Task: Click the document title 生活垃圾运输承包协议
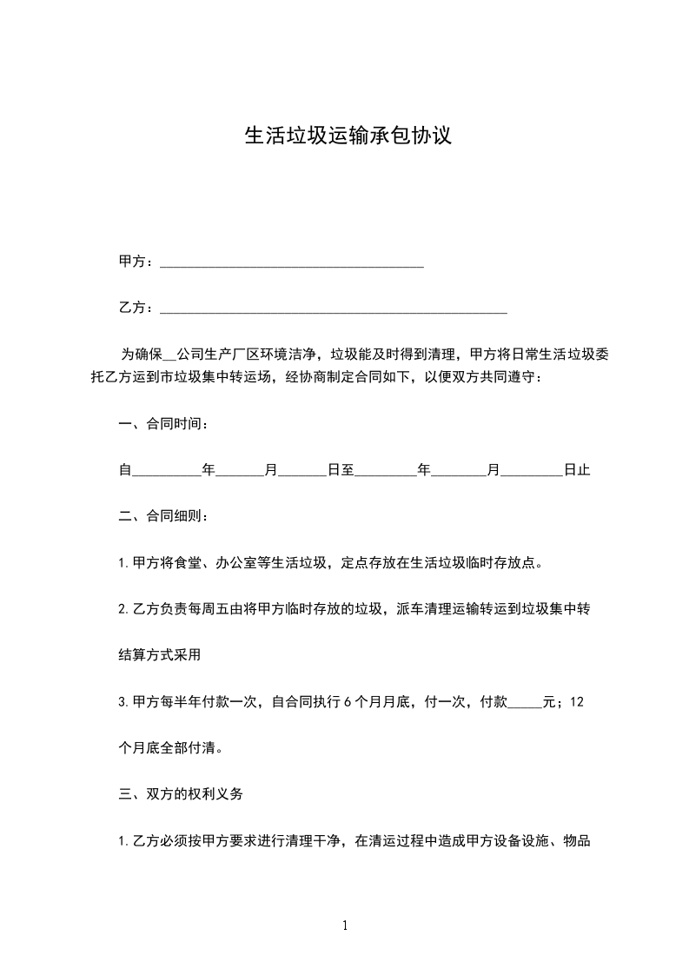point(348,136)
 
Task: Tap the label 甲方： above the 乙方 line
point(136,262)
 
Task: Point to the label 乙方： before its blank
point(136,308)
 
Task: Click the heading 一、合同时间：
point(163,424)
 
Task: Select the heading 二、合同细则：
point(163,516)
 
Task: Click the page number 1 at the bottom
point(345,926)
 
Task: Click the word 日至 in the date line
point(341,470)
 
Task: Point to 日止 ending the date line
point(577,470)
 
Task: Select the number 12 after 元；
point(577,701)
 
